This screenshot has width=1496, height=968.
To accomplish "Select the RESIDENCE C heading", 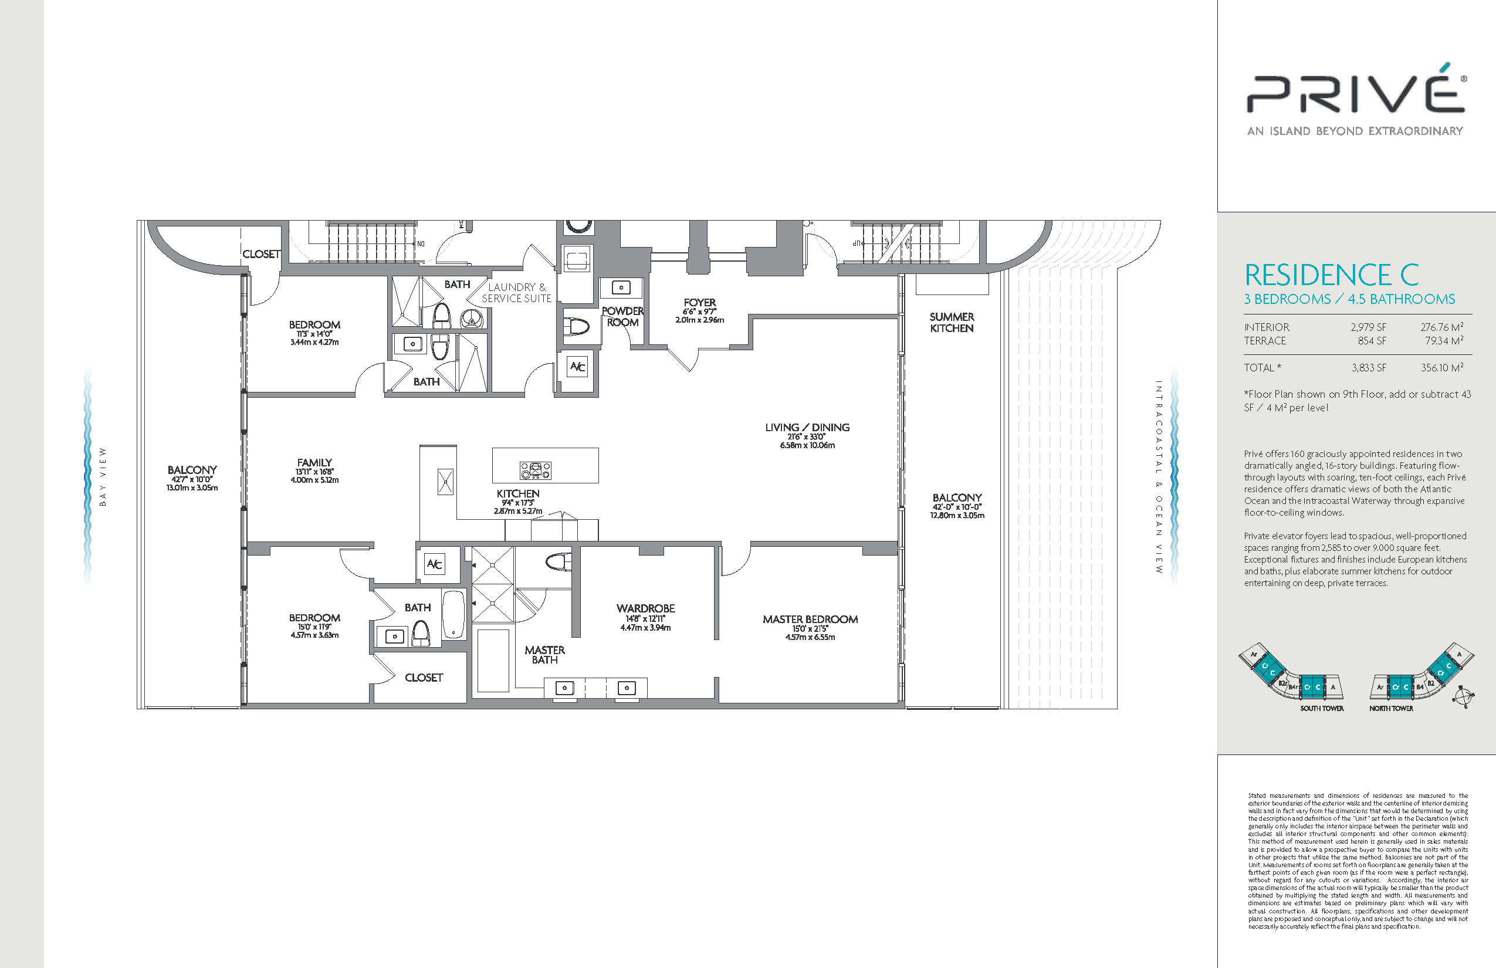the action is pyautogui.click(x=1332, y=275).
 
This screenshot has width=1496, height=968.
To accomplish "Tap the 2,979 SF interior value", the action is pyautogui.click(x=1368, y=327).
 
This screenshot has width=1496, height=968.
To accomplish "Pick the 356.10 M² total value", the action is pyautogui.click(x=1442, y=368).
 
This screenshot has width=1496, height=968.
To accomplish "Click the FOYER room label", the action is pyautogui.click(x=699, y=302).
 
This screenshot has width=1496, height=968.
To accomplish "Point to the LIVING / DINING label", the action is pyautogui.click(x=807, y=428).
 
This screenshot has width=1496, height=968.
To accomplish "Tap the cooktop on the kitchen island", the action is pyautogui.click(x=536, y=469).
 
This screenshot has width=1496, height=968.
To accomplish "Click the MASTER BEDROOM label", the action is pyautogui.click(x=810, y=619).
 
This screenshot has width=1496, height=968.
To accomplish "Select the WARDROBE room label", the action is pyautogui.click(x=645, y=608).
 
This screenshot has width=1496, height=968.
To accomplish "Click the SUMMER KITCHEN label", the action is pyautogui.click(x=952, y=323).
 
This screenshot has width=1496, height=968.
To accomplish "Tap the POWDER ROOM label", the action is pyautogui.click(x=622, y=317).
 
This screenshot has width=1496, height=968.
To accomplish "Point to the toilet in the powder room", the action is pyautogui.click(x=576, y=327).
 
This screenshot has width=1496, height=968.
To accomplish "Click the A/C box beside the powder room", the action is pyautogui.click(x=577, y=367).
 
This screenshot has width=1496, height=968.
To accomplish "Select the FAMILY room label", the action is pyautogui.click(x=314, y=463).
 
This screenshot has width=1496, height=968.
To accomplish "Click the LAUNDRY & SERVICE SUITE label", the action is pyautogui.click(x=517, y=293).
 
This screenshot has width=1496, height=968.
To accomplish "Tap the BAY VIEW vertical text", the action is pyautogui.click(x=103, y=477).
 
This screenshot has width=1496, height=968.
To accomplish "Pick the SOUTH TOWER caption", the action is pyautogui.click(x=1322, y=709).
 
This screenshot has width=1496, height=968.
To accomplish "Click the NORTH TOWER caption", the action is pyautogui.click(x=1391, y=709).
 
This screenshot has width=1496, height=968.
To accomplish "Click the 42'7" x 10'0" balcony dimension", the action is pyautogui.click(x=192, y=479).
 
